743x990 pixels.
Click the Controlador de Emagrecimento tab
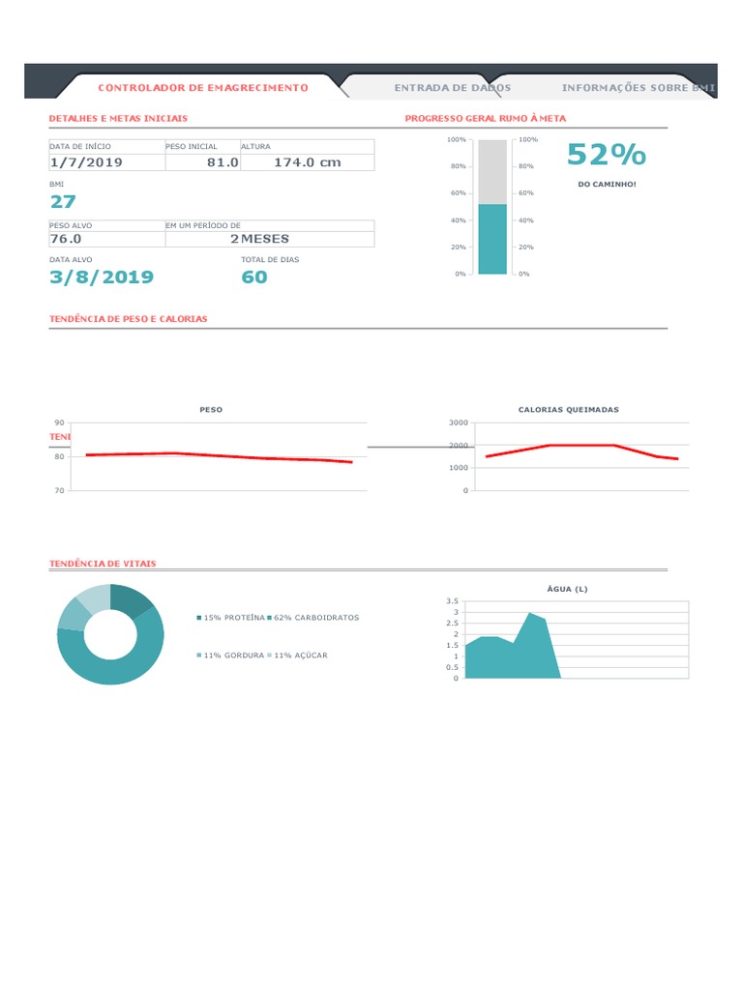(x=203, y=88)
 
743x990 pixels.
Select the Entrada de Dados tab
(x=452, y=88)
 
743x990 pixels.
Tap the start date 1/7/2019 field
(x=86, y=161)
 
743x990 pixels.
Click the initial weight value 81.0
(x=223, y=161)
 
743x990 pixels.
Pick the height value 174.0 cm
(x=307, y=161)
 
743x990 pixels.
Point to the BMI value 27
(x=63, y=201)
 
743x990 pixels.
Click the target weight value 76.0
(x=66, y=239)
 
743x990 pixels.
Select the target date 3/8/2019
(x=102, y=277)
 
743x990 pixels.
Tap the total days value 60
(x=254, y=277)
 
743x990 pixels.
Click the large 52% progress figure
(x=607, y=155)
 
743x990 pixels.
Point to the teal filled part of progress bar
(x=492, y=239)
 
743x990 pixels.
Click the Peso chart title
(x=211, y=410)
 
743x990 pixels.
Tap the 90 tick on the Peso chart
(x=59, y=423)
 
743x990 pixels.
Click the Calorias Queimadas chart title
(x=568, y=410)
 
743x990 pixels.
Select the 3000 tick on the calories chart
(x=459, y=423)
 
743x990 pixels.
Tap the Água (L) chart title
(x=567, y=589)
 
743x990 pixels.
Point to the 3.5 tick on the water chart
(x=453, y=601)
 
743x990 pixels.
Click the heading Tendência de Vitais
(x=103, y=563)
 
